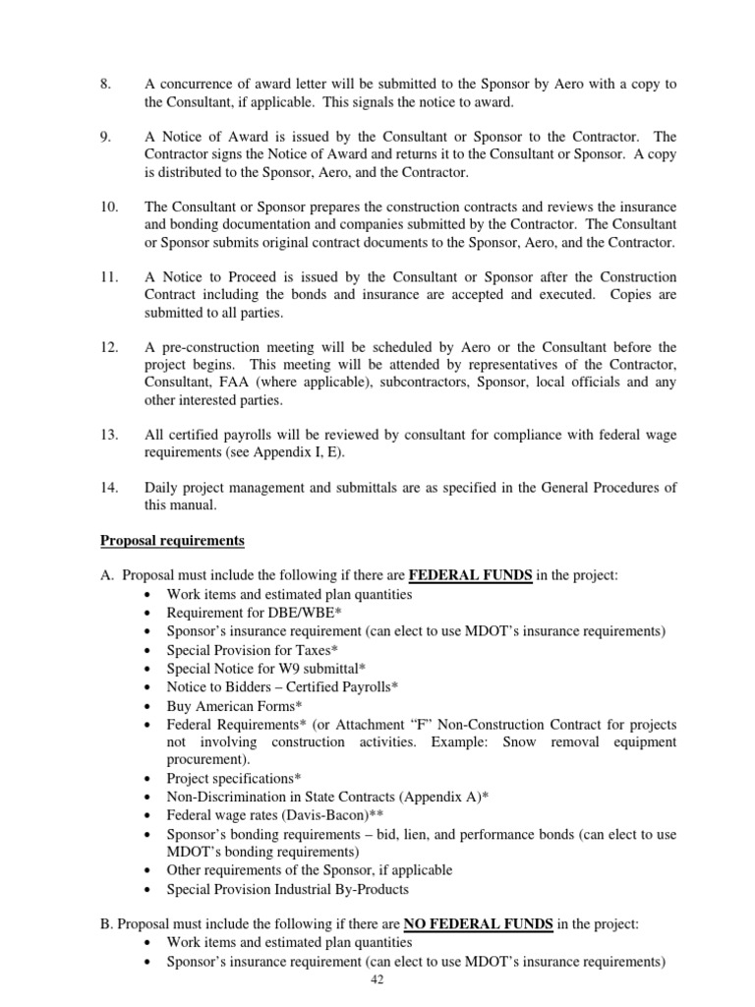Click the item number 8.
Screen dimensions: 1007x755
click(106, 84)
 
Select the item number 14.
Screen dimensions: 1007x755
click(109, 487)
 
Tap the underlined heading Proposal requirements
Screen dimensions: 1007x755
click(173, 541)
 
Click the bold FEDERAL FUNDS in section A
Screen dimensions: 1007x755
click(470, 575)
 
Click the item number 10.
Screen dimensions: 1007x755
click(109, 207)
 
